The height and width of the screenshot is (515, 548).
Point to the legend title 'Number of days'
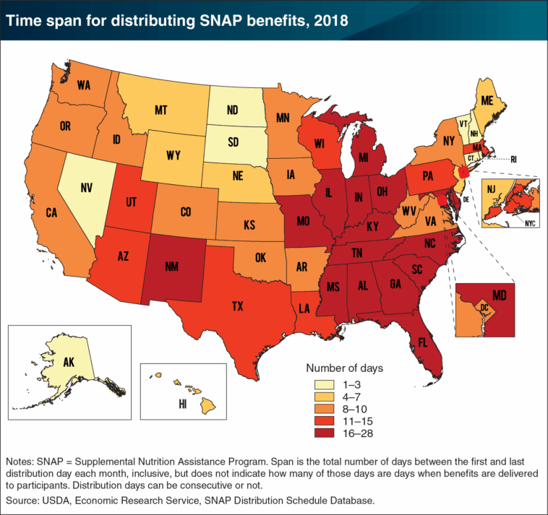pyautogui.click(x=346, y=368)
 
